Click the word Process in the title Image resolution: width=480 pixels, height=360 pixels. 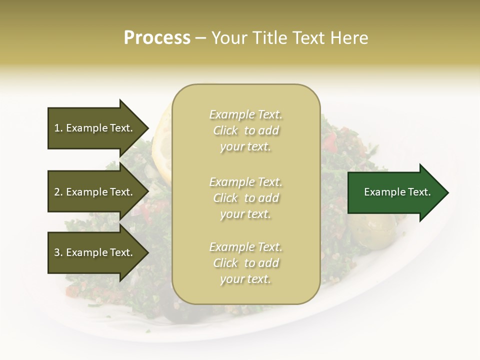[157, 38]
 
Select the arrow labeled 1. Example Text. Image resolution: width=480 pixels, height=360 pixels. [95, 128]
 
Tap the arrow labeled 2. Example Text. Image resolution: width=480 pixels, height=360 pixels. [95, 192]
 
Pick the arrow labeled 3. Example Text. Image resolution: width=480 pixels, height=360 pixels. [95, 252]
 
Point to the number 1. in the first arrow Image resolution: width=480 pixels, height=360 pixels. [58, 128]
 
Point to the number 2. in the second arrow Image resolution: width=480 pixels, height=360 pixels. [58, 192]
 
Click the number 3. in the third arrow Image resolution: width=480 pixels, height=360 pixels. [58, 252]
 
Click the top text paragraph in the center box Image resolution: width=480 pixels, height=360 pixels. [245, 130]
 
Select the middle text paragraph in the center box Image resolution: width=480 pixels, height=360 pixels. [245, 198]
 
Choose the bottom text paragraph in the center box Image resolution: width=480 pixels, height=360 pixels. [245, 263]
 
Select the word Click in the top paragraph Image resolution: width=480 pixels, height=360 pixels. [225, 130]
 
